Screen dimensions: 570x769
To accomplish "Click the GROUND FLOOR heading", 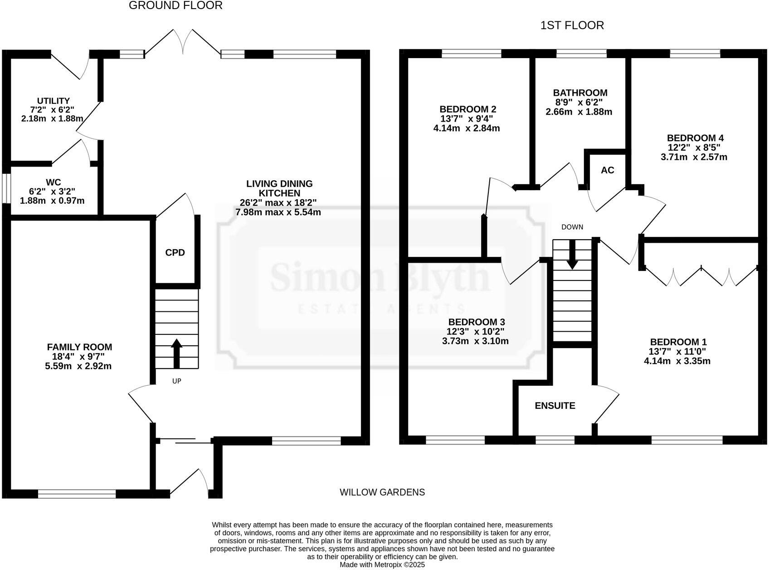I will [x=175, y=5].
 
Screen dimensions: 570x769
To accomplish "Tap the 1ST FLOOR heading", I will [x=572, y=25].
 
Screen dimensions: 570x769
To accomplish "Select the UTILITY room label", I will [x=54, y=101].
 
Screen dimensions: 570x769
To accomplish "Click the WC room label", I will [x=53, y=182].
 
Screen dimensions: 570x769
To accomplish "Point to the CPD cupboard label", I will [x=175, y=253].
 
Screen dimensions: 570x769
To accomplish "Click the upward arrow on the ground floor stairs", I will [x=176, y=354].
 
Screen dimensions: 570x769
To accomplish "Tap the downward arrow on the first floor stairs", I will [x=572, y=254].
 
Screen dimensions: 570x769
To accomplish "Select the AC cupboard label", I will [x=607, y=170].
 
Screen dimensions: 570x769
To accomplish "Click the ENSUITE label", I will [x=555, y=406].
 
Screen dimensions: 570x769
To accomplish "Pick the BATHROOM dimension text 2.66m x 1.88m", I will [x=579, y=112].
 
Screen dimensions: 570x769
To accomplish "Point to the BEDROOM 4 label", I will [x=695, y=138].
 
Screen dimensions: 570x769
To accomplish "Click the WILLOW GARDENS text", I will [x=382, y=492].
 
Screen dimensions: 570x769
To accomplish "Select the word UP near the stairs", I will [x=177, y=381].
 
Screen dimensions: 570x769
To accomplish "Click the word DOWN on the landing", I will [x=572, y=227].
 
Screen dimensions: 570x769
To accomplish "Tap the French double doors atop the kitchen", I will [x=183, y=43].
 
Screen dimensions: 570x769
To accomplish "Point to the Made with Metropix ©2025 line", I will [x=382, y=565].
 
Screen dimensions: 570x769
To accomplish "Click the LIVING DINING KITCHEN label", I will [x=279, y=188].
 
